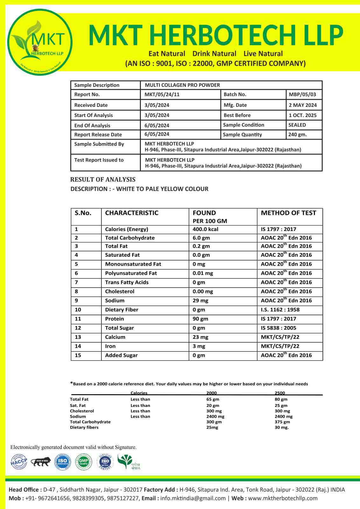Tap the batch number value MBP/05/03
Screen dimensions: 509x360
(x=302, y=94)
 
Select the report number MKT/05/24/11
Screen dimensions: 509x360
(x=158, y=94)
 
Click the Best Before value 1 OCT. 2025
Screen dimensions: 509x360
(x=302, y=115)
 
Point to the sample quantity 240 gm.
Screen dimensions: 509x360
(x=297, y=135)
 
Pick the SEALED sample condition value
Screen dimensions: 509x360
(x=297, y=125)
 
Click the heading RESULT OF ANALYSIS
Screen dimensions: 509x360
(x=103, y=179)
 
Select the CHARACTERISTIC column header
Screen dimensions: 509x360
(x=132, y=213)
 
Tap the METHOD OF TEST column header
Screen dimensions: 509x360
(x=288, y=213)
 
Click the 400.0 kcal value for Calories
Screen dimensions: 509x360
(x=205, y=229)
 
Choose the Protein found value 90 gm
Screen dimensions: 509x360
(x=200, y=319)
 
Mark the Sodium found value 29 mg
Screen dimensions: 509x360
(x=200, y=301)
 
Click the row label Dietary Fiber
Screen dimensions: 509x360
(x=121, y=310)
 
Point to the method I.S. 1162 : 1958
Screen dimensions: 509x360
(x=280, y=310)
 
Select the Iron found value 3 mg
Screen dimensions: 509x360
(x=199, y=346)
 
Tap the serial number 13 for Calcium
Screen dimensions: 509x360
(x=78, y=337)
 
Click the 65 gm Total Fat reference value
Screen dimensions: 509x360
(x=213, y=399)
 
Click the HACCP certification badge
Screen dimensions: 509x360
(x=19, y=462)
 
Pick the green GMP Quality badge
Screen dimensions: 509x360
(x=83, y=462)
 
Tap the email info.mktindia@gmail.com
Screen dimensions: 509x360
(x=193, y=498)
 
